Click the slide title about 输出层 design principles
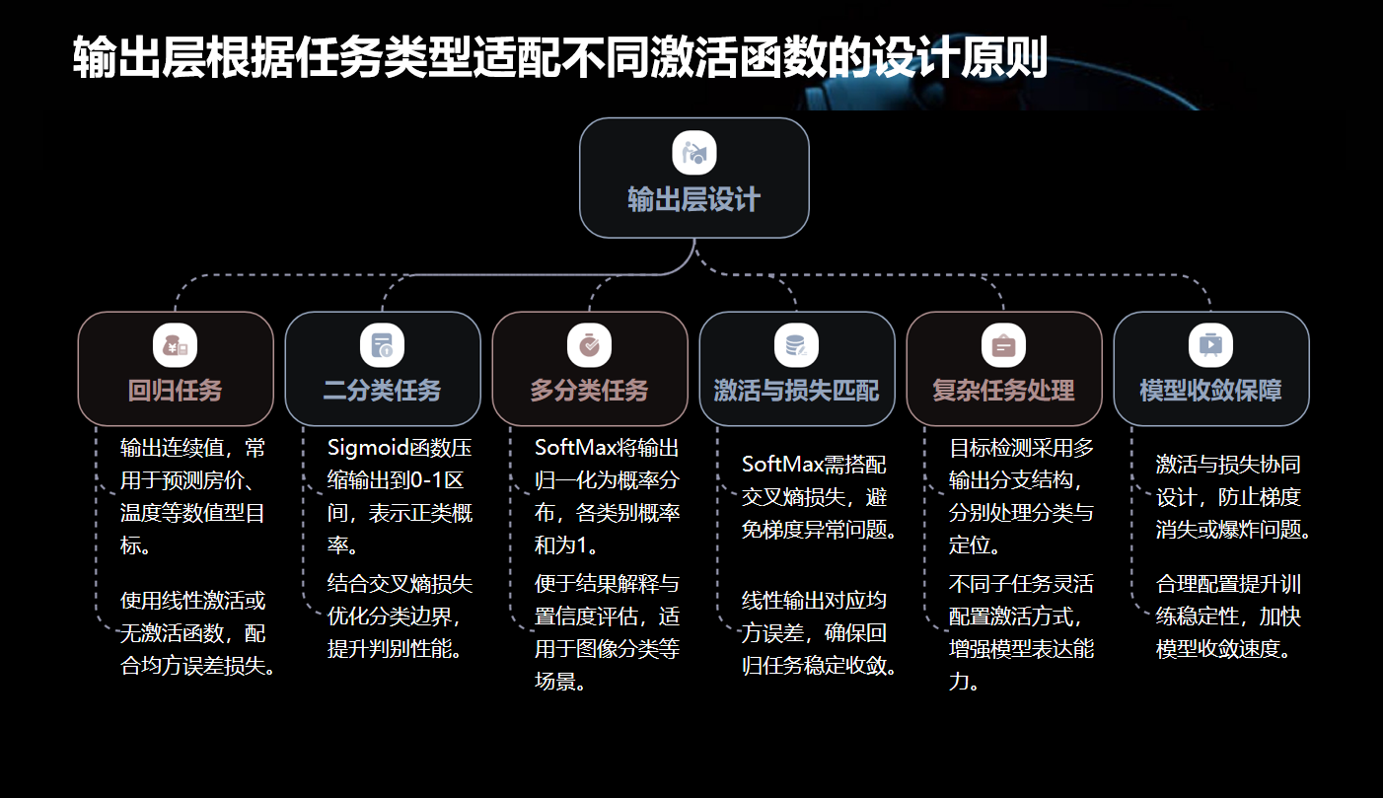[x=559, y=58]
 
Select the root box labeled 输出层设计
[x=693, y=178]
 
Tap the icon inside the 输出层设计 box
[x=694, y=153]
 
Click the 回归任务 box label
[x=176, y=391]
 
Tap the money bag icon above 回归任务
[x=176, y=346]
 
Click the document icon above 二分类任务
[x=383, y=346]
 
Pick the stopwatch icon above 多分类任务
[x=590, y=346]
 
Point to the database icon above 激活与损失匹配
[x=796, y=346]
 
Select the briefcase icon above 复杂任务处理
[x=1003, y=346]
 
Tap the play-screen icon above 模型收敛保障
[x=1210, y=346]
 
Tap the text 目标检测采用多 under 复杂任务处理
[x=1021, y=449]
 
